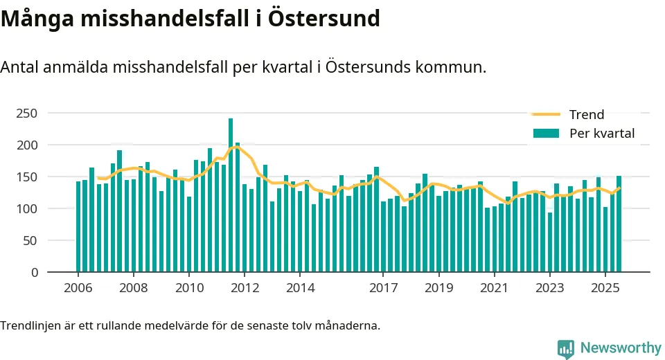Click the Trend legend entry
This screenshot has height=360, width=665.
(x=586, y=115)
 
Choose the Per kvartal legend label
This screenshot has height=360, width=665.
(x=601, y=133)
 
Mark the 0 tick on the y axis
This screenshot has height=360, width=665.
(x=34, y=272)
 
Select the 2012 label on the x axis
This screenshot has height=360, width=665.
(x=244, y=288)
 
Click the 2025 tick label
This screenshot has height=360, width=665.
(x=605, y=288)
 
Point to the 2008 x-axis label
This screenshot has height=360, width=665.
(x=133, y=288)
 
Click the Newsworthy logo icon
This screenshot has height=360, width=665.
(x=566, y=348)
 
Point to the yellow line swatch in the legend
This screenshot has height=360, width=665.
(x=545, y=115)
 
